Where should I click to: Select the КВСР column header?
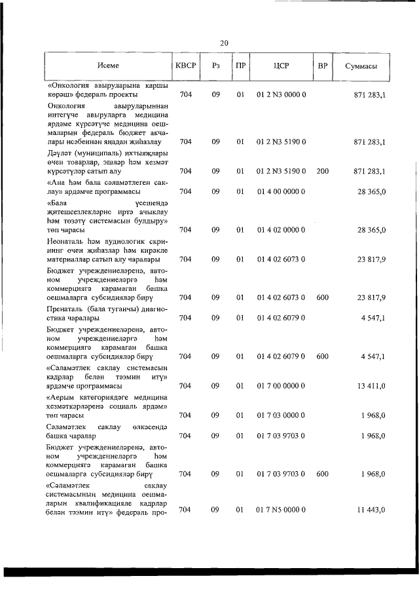pos(185,66)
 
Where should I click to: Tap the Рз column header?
pos(215,66)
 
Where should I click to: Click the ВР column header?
pos(322,66)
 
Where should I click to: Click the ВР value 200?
pos(322,171)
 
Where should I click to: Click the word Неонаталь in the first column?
pos(66,240)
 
